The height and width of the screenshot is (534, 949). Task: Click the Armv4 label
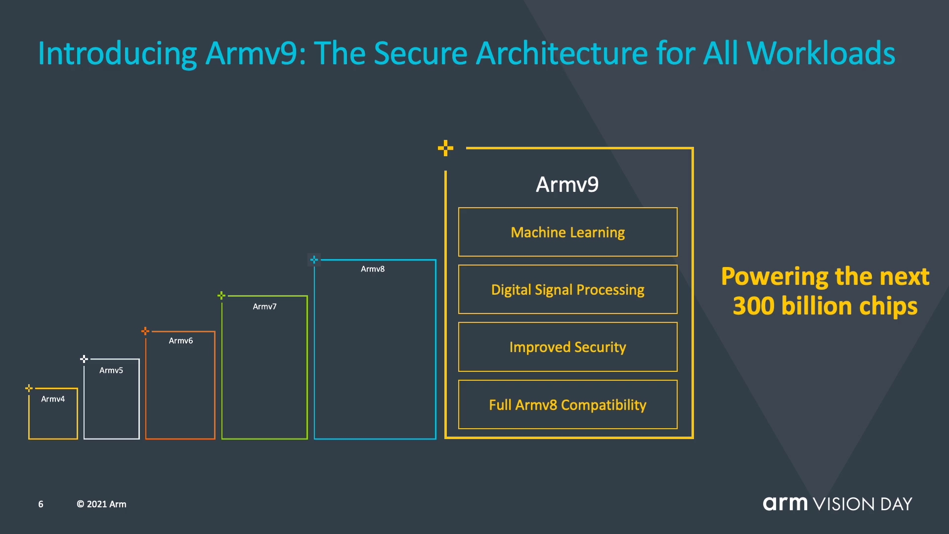[53, 399]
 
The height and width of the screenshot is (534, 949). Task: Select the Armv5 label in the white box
[111, 370]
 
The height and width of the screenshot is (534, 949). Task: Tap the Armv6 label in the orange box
[181, 341]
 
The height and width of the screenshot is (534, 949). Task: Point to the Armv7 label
[265, 307]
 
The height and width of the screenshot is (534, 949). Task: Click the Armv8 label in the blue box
[373, 269]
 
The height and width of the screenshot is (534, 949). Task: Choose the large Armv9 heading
[567, 185]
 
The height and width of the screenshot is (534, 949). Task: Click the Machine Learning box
[567, 232]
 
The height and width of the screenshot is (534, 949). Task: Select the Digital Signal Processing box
[567, 289]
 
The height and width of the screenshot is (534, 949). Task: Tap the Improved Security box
[567, 347]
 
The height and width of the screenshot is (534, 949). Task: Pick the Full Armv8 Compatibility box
[567, 404]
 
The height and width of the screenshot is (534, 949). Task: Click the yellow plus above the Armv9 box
[445, 148]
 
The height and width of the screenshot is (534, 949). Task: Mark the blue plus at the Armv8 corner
[314, 260]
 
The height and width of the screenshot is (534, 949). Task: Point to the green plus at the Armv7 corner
[221, 295]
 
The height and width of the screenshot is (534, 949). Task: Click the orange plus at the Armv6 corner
[145, 331]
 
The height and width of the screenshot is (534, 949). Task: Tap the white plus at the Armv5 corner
[84, 358]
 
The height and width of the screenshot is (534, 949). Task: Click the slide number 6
[41, 504]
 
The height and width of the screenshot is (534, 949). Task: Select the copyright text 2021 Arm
[102, 504]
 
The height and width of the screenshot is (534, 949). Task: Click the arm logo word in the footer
[785, 503]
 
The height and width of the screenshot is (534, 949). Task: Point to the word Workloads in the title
[821, 53]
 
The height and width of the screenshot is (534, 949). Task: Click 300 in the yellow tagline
[753, 306]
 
